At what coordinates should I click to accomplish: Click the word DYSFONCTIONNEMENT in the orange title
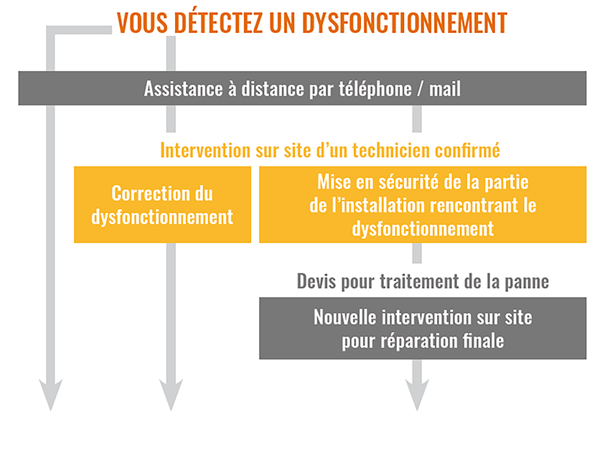pos(405,22)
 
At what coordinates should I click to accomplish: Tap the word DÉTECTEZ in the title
pos(218,22)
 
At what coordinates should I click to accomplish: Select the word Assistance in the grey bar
pos(183,89)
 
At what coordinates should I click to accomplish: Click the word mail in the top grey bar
pos(445,89)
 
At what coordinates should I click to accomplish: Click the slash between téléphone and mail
pos(420,89)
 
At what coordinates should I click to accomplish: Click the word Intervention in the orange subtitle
pos(205,150)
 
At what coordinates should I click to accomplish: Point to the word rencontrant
pos(473,205)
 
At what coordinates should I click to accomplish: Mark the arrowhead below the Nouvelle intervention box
pos(417,395)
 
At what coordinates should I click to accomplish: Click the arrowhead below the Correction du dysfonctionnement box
pos(171,395)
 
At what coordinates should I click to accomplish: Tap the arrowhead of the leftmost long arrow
pos(50,395)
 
